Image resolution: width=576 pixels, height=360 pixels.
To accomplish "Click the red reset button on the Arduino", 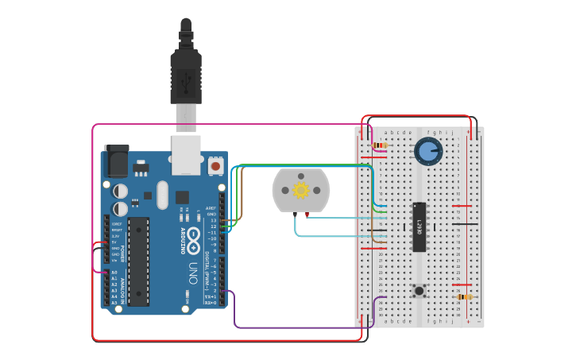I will pyautogui.click(x=215, y=166).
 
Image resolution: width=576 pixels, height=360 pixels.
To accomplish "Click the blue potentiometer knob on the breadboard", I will pyautogui.click(x=427, y=151).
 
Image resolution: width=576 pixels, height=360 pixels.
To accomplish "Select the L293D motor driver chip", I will pyautogui.click(x=419, y=226).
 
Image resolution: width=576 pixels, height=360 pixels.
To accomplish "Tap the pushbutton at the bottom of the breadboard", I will pyautogui.click(x=419, y=291).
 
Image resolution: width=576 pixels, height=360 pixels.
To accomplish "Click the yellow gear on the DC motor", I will pyautogui.click(x=300, y=190).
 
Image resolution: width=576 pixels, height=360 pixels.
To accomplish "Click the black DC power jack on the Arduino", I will pyautogui.click(x=117, y=161).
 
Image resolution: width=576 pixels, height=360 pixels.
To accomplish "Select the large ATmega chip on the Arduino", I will pyautogui.click(x=138, y=261).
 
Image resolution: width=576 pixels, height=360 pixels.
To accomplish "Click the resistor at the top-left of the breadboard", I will pyautogui.click(x=380, y=145).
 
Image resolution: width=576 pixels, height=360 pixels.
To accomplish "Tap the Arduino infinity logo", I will pyautogui.click(x=192, y=241).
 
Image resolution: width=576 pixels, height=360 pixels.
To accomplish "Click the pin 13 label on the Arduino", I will pyautogui.click(x=212, y=220).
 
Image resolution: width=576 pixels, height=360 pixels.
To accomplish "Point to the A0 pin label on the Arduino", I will pyautogui.click(x=114, y=273).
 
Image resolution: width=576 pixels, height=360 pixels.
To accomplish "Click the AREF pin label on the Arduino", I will pyautogui.click(x=211, y=208).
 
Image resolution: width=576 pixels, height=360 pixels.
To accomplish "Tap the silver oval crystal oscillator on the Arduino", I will pyautogui.click(x=163, y=195).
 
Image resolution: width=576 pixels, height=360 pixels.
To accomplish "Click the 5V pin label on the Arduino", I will pyautogui.click(x=115, y=242).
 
